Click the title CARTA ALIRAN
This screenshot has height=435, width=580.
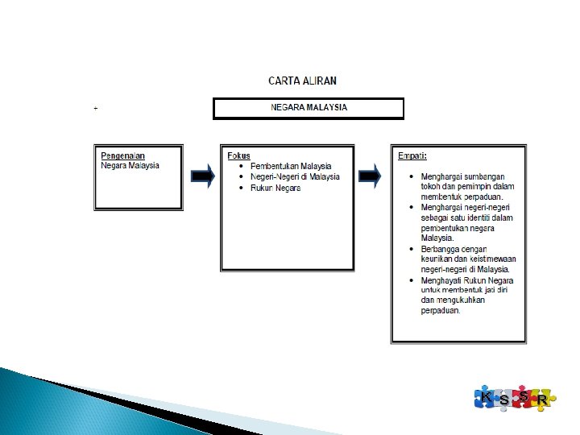(302, 81)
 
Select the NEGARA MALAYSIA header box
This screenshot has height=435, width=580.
(309, 108)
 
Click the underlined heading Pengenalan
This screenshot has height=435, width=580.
(123, 155)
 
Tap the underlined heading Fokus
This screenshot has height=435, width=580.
(238, 155)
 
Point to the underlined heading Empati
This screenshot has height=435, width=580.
(412, 155)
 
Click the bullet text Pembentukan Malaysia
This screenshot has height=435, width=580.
(291, 166)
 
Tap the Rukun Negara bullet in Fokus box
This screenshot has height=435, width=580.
(275, 188)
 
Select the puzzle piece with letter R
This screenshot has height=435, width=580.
(543, 400)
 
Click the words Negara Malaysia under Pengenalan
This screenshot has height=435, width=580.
(130, 165)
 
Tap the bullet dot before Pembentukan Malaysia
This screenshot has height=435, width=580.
(242, 166)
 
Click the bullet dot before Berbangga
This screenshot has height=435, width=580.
(412, 249)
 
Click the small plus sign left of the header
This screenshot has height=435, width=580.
(96, 107)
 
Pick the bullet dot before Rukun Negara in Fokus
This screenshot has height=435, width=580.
(242, 188)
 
